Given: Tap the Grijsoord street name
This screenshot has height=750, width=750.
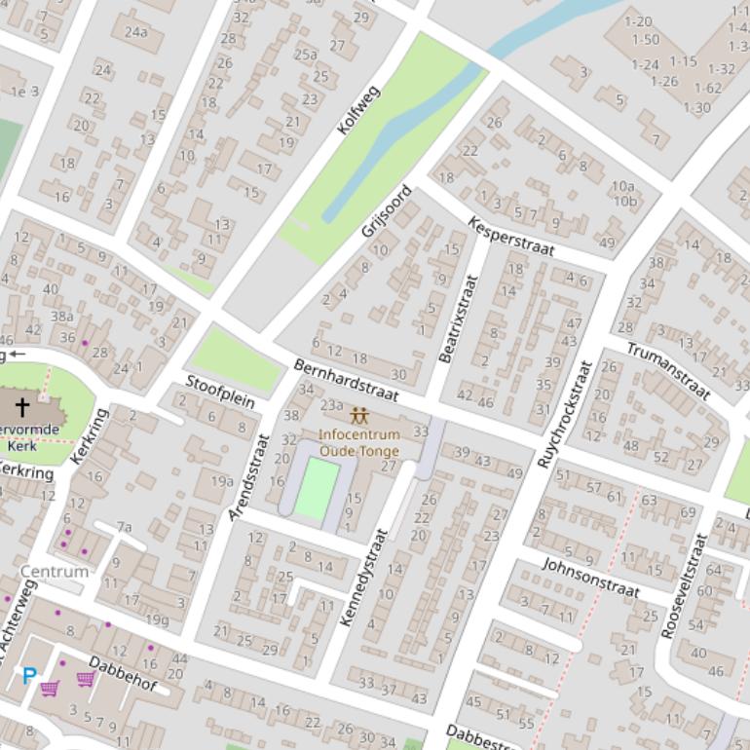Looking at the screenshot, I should click(x=387, y=211).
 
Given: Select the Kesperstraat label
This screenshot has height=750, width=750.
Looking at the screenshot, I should click(x=510, y=236).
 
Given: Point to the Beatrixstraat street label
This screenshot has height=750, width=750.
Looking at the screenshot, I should click(x=459, y=319).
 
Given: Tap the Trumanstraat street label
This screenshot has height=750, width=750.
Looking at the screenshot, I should click(x=668, y=370).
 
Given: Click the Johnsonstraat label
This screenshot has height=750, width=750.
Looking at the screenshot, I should click(x=590, y=578).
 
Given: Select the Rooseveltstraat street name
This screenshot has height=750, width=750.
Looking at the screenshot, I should click(x=682, y=584).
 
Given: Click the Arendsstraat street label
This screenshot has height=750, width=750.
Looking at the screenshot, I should click(x=246, y=477).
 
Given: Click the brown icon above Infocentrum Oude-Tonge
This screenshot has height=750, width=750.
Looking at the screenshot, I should click(x=358, y=416).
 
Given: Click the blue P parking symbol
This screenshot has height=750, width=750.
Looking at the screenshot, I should click(x=29, y=675).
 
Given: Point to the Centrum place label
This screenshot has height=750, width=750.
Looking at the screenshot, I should click(x=54, y=572).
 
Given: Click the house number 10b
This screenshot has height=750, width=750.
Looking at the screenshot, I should click(x=624, y=202).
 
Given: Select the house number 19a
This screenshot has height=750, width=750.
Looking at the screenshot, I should click(x=221, y=480).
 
